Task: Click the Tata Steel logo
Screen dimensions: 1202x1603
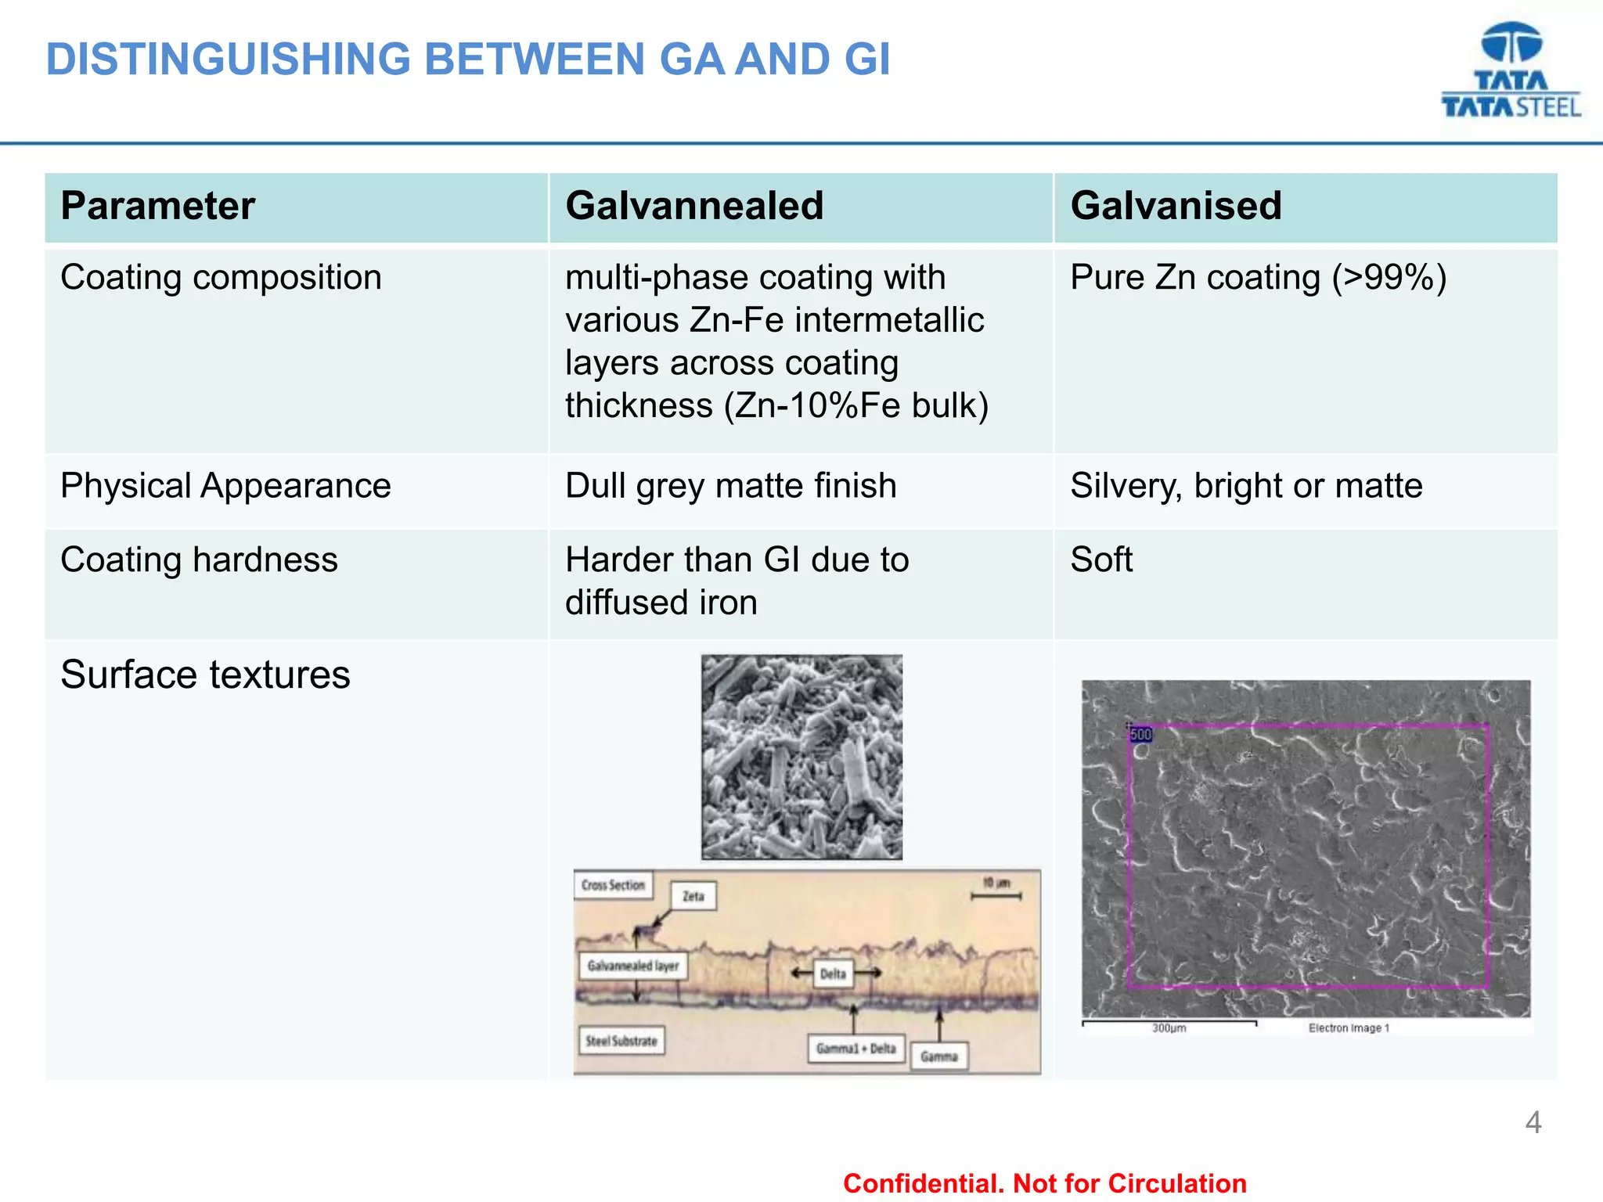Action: (x=1511, y=70)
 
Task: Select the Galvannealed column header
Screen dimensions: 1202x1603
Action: (x=694, y=206)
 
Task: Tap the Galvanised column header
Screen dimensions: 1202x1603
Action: (x=1176, y=206)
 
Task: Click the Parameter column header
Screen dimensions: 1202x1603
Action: (x=158, y=206)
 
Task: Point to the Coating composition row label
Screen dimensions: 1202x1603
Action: (x=221, y=278)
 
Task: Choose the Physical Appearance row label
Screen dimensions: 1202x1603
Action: (x=225, y=486)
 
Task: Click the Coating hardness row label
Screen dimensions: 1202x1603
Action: (x=199, y=560)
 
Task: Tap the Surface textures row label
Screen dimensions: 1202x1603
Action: (x=205, y=675)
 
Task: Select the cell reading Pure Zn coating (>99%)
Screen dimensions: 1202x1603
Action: (x=1258, y=278)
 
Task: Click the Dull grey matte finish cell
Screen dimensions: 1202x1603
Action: (x=730, y=486)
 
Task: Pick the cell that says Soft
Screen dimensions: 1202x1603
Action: (x=1101, y=560)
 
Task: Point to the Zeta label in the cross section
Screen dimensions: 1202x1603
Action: (x=693, y=896)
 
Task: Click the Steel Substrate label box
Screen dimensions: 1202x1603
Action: (x=621, y=1041)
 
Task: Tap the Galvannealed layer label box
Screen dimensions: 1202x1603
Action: (x=632, y=966)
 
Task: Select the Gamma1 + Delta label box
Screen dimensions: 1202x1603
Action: (x=856, y=1049)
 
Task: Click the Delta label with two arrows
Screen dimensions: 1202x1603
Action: (x=833, y=974)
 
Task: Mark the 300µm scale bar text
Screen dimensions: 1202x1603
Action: (x=1169, y=1028)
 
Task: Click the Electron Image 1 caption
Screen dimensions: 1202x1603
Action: (x=1349, y=1028)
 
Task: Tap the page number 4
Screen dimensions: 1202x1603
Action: (x=1533, y=1123)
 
